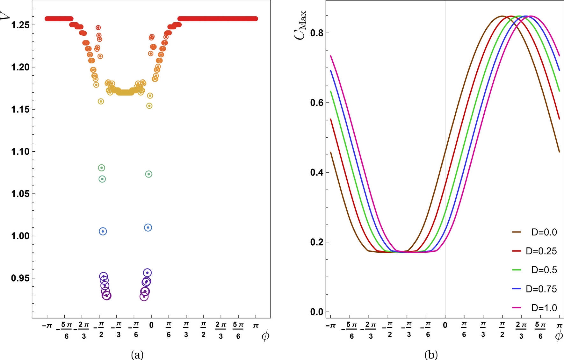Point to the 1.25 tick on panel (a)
20,25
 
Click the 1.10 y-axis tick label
20,152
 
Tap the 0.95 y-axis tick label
20,278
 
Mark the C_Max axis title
300,25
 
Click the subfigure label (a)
137,354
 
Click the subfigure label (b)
431,354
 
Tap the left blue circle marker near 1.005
103,231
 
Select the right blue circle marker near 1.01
148,227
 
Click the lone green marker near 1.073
148,174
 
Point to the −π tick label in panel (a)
47,326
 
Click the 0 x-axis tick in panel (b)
445,325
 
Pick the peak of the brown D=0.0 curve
502,16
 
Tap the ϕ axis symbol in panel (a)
265,336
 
